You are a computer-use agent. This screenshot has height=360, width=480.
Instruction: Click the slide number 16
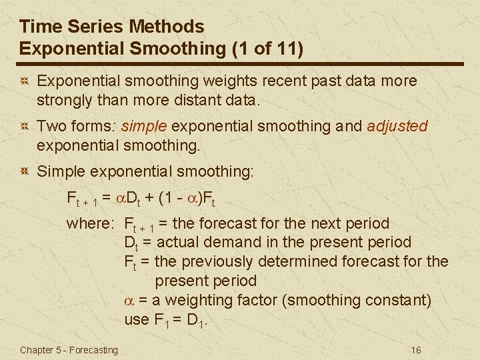click(416, 350)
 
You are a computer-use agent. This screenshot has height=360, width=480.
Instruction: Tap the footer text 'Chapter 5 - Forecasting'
click(69, 350)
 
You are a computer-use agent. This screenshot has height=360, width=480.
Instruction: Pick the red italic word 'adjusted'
click(397, 126)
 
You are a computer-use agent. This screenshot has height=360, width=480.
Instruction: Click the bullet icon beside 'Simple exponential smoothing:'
click(24, 172)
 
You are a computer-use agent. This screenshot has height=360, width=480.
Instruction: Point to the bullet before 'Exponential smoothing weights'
click(24, 81)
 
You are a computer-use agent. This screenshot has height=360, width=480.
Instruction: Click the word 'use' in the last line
click(137, 319)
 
